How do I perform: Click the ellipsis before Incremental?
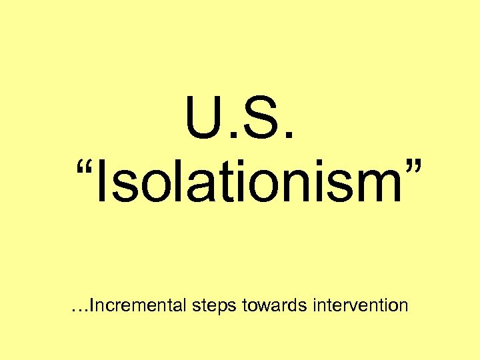(x=79, y=311)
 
